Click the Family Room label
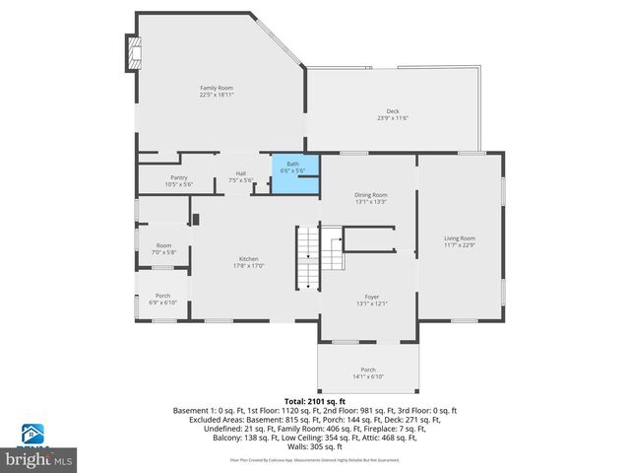(216, 89)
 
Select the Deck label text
(392, 111)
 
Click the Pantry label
(179, 177)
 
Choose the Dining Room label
(371, 195)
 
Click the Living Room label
(459, 238)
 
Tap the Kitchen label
(248, 258)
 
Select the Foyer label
(371, 297)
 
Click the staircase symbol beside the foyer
(309, 258)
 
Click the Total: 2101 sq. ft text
(315, 401)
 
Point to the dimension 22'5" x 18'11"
(216, 96)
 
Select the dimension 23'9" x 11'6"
(392, 118)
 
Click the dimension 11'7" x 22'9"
(459, 244)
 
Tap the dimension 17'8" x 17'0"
(248, 264)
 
